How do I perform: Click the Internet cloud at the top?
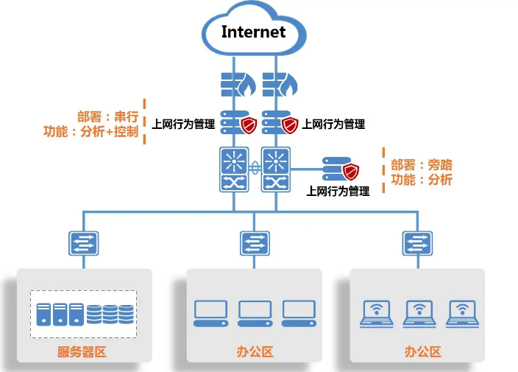pyautogui.click(x=254, y=29)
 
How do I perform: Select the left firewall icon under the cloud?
pyautogui.click(x=238, y=85)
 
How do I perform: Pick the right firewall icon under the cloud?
pyautogui.click(x=280, y=85)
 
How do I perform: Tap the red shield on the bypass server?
pyautogui.click(x=350, y=172)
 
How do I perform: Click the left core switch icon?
pyautogui.click(x=234, y=169)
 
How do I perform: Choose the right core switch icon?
pyautogui.click(x=276, y=169)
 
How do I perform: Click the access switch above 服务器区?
pyautogui.click(x=84, y=243)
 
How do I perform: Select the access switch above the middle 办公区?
pyautogui.click(x=255, y=243)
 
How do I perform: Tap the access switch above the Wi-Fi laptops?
pyautogui.click(x=418, y=243)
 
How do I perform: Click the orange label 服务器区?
pyautogui.click(x=82, y=352)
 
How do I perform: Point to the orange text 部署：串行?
pyautogui.click(x=107, y=116)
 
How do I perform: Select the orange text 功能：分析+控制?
pyautogui.click(x=91, y=132)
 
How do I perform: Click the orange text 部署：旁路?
pyautogui.click(x=422, y=165)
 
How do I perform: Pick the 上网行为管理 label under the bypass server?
pyautogui.click(x=338, y=191)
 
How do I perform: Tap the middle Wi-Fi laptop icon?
pyautogui.click(x=419, y=314)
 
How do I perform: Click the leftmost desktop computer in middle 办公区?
pyautogui.click(x=210, y=314)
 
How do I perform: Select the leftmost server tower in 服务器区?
pyautogui.click(x=43, y=315)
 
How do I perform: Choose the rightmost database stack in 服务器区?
pyautogui.click(x=127, y=315)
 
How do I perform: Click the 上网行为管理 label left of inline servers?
pyautogui.click(x=183, y=124)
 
